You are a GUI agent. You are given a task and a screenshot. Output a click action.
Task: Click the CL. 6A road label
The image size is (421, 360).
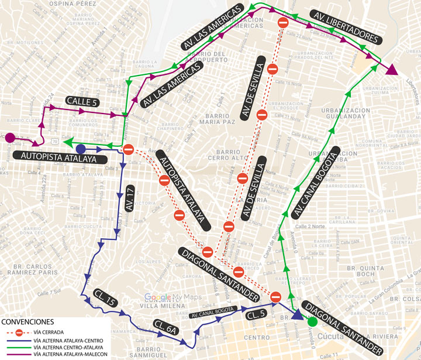165,328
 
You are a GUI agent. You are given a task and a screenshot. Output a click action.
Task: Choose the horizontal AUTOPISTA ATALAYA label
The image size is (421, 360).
59,157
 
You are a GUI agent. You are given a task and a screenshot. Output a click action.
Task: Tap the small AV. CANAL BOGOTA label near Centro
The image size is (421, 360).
213,310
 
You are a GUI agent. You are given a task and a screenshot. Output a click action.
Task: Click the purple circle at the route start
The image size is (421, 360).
10,138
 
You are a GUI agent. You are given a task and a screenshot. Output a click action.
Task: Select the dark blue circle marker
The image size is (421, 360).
81,149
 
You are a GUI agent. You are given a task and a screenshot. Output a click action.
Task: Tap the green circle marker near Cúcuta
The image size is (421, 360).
312,321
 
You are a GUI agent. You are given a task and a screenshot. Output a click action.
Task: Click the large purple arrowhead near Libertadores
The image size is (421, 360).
392,70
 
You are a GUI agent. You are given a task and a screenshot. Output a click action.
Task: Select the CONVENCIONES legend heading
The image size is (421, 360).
28,322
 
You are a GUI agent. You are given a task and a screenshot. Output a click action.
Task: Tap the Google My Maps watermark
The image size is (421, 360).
172,297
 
